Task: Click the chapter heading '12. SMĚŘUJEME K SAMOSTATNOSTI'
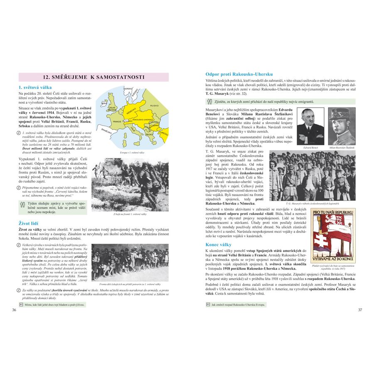coord(93,77)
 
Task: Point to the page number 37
coord(360,310)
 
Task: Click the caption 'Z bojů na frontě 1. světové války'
coord(130,214)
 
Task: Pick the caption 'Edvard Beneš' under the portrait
coord(310,148)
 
